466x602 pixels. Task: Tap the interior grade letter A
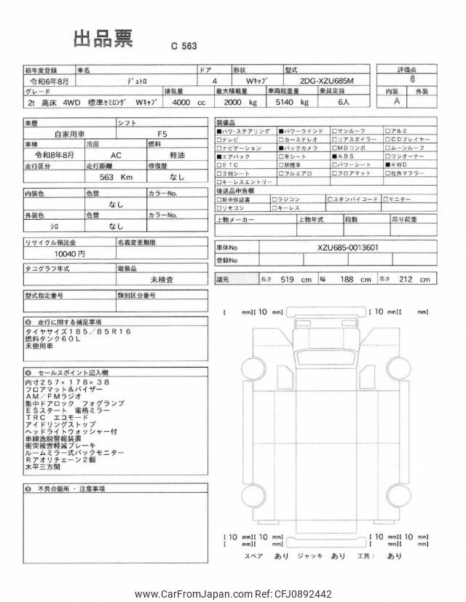pos(397,101)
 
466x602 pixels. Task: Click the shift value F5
pos(163,134)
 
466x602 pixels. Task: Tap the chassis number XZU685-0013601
pos(347,247)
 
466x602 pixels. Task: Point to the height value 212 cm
pos(415,278)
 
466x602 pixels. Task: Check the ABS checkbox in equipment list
pos(335,156)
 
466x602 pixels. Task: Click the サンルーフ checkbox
pos(335,130)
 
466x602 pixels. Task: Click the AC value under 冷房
pos(115,155)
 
